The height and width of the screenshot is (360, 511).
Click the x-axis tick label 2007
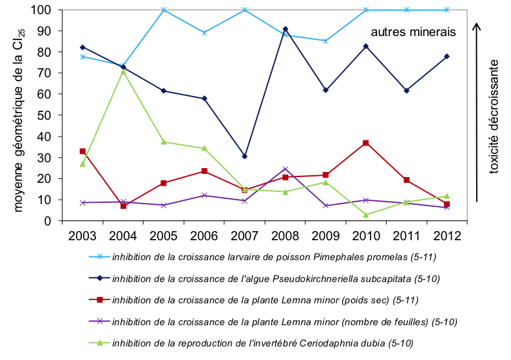click(245, 235)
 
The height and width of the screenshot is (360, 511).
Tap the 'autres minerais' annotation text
click(413, 32)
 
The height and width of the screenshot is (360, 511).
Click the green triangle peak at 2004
click(123, 71)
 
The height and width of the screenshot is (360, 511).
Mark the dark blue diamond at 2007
click(245, 156)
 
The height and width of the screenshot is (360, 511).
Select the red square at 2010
click(366, 142)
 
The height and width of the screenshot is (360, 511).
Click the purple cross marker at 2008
click(285, 169)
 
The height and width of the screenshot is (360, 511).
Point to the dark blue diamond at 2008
click(285, 29)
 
